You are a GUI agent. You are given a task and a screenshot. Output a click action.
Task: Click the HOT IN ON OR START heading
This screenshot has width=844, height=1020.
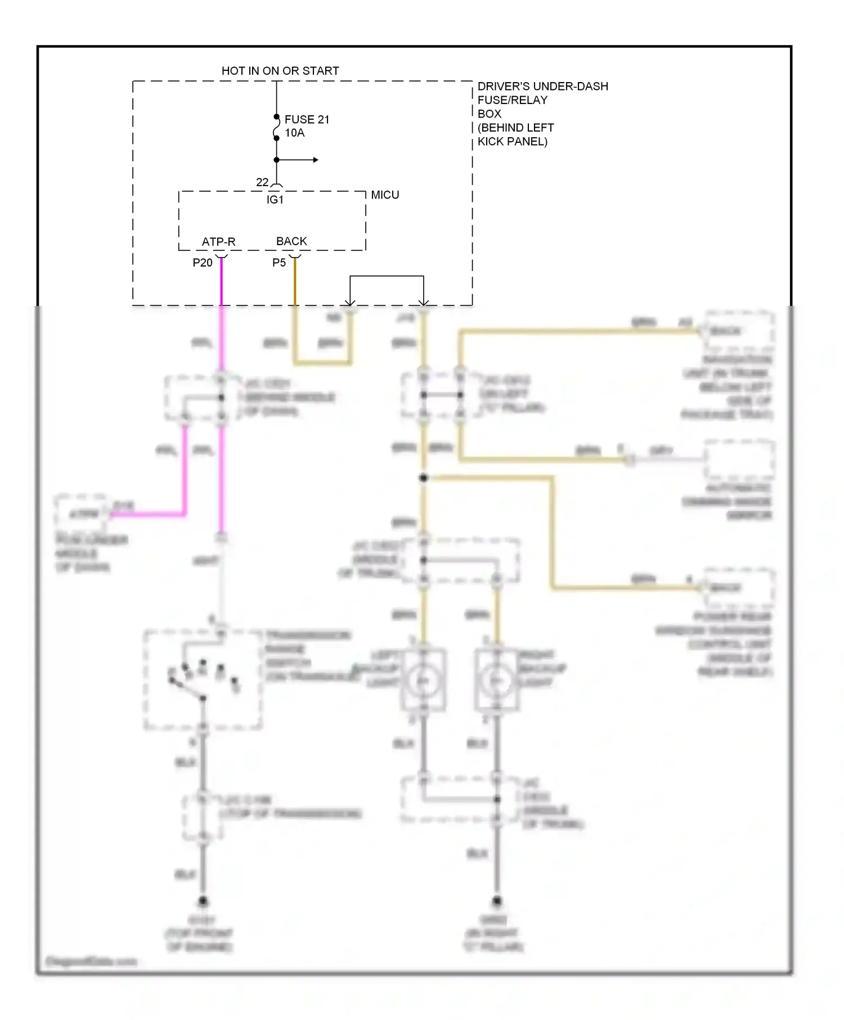click(280, 71)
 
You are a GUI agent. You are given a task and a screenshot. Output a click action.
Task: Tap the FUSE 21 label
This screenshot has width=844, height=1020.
click(307, 119)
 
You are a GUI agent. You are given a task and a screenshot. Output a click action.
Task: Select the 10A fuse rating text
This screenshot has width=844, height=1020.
click(294, 133)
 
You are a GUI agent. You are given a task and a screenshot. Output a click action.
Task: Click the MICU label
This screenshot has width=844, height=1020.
click(385, 195)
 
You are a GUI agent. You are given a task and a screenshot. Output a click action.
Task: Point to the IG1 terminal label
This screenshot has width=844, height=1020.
click(275, 200)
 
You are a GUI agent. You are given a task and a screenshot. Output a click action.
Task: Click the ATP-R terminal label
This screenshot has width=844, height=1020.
click(218, 242)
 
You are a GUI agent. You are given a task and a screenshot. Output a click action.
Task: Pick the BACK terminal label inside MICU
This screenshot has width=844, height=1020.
click(291, 241)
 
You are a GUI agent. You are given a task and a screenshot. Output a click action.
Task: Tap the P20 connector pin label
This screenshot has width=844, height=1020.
click(203, 263)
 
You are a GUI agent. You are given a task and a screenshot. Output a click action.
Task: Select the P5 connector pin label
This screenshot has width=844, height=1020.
click(279, 263)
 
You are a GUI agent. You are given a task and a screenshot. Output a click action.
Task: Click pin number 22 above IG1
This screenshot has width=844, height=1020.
click(262, 182)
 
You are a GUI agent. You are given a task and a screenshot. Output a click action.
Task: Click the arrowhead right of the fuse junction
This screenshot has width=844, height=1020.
click(316, 160)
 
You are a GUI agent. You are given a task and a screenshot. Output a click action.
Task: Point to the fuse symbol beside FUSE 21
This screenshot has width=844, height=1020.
click(276, 128)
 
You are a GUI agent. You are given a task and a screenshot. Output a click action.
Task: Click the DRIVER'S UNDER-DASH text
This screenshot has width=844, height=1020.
click(542, 86)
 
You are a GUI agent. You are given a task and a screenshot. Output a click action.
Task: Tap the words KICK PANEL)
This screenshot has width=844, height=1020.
click(512, 141)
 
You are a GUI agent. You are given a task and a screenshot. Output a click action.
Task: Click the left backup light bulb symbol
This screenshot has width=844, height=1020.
click(424, 681)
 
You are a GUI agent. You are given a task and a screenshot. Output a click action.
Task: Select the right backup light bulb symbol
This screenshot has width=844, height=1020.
click(496, 681)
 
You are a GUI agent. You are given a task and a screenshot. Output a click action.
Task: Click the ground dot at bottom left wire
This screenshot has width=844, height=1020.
click(203, 901)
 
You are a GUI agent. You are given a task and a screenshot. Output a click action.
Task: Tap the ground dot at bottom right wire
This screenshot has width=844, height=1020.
click(496, 901)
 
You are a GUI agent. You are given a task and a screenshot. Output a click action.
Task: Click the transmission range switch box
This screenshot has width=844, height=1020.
click(203, 679)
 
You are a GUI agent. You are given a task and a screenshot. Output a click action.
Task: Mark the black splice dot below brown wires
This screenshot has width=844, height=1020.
click(424, 478)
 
